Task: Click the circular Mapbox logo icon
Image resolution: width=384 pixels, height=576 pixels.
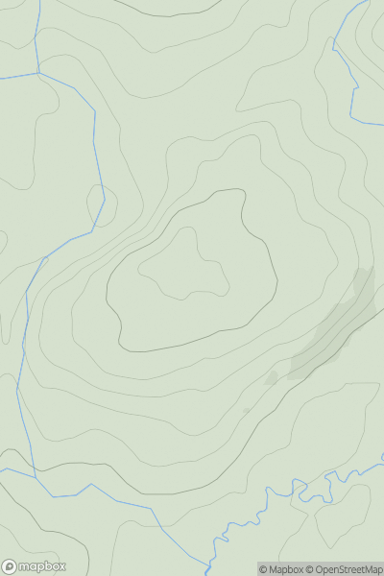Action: point(10,566)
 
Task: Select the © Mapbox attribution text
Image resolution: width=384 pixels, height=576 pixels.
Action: point(285,569)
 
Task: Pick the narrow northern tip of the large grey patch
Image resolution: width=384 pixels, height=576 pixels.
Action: point(365,278)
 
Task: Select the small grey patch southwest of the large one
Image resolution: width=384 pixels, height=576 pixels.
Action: point(272,378)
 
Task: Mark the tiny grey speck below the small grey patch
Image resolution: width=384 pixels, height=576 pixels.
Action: point(246,410)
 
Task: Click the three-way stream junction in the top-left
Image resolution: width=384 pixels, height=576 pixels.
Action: point(38,72)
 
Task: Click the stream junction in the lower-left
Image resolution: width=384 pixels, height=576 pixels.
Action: point(35,474)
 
